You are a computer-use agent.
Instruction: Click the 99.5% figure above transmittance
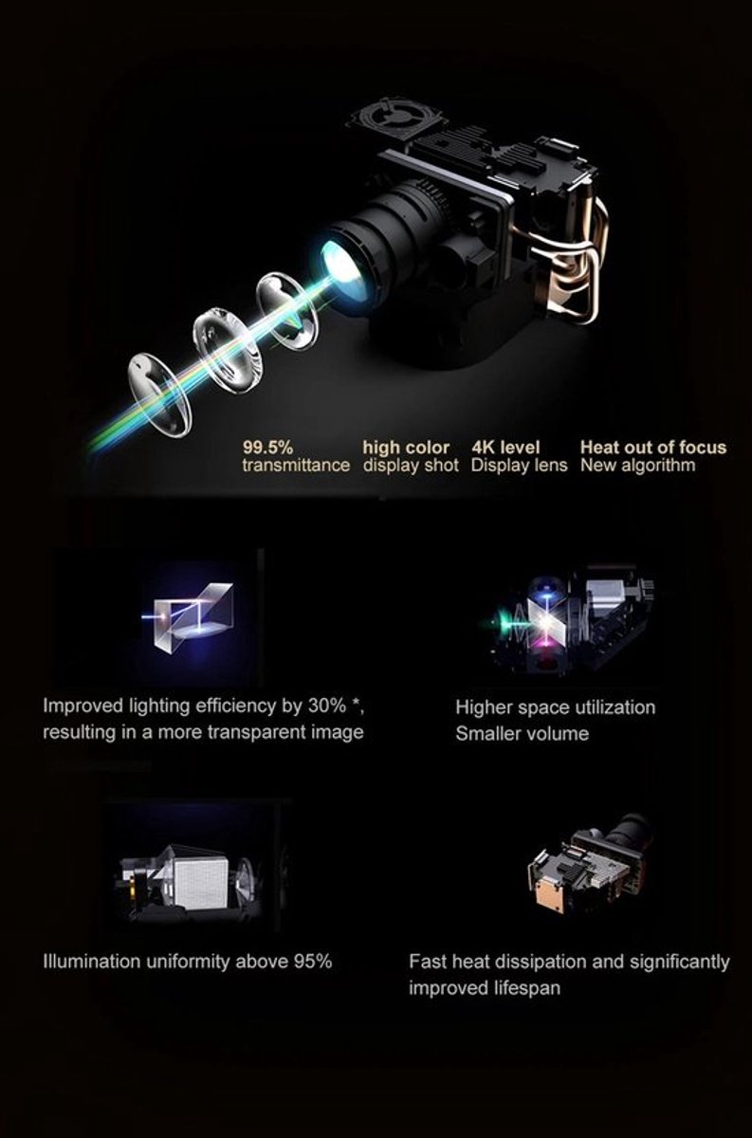click(267, 448)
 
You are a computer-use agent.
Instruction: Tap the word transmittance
click(296, 466)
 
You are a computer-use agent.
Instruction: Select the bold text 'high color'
click(406, 448)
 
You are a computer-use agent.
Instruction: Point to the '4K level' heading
click(505, 448)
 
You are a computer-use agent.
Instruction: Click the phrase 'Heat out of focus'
click(653, 448)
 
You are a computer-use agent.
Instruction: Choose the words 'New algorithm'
click(637, 466)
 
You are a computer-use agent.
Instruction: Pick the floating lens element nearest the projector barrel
click(287, 310)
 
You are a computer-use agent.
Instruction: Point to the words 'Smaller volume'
click(522, 734)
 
